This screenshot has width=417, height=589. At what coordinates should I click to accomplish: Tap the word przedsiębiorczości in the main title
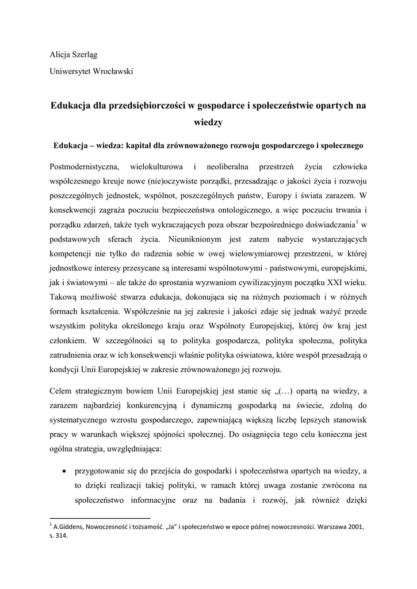pyautogui.click(x=146, y=105)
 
